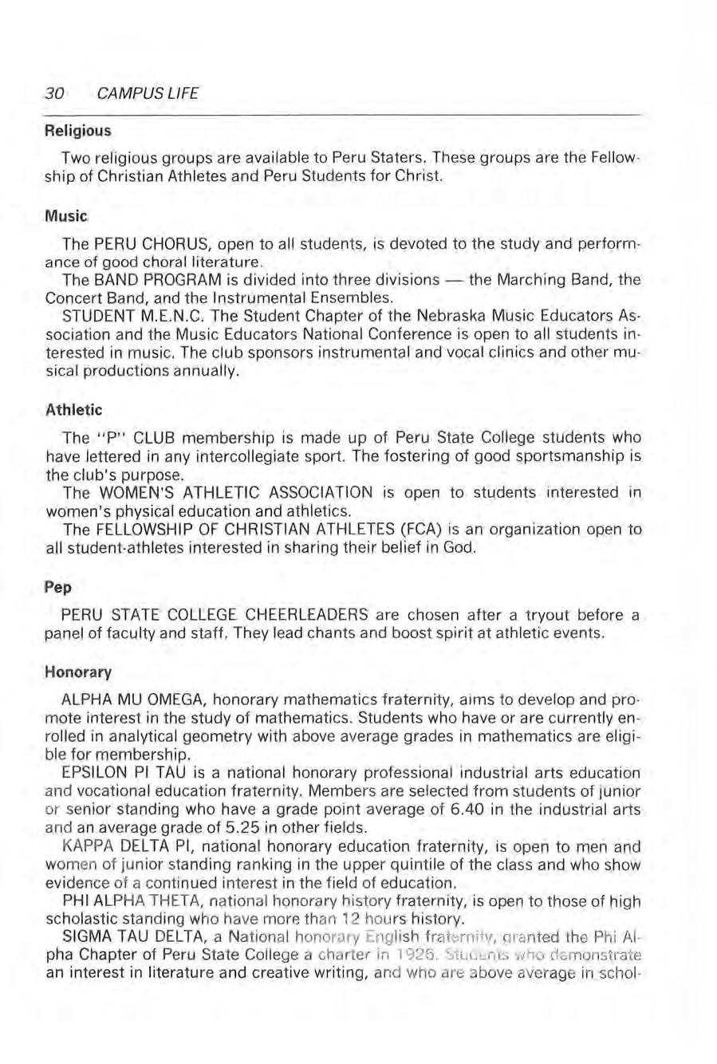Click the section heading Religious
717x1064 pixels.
tap(77, 129)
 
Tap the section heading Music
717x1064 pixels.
tap(65, 216)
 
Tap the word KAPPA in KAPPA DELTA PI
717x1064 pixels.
tap(85, 843)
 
